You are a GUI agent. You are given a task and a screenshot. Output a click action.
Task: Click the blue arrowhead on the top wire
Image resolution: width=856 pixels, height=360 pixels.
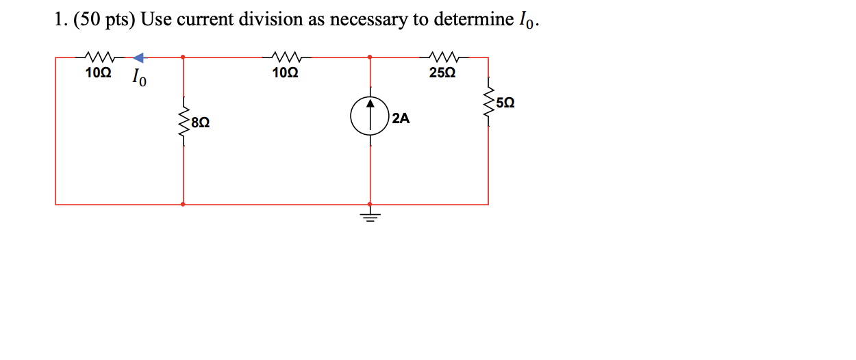coord(138,57)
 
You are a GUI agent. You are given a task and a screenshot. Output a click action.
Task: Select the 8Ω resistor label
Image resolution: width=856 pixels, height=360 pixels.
coord(201,123)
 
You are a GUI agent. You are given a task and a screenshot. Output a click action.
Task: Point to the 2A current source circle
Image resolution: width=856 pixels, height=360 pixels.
coord(370,116)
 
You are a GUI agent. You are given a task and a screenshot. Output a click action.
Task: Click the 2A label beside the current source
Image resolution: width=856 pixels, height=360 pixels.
coord(401,119)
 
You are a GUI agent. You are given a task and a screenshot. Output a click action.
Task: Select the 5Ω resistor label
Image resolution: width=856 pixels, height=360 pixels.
coord(505,103)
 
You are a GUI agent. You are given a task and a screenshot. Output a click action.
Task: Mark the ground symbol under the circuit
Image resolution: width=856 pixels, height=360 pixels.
coord(370,217)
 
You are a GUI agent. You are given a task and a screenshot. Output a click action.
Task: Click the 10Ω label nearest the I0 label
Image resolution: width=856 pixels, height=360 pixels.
coord(98,73)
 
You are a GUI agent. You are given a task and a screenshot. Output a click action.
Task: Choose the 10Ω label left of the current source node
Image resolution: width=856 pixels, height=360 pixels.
coord(284,73)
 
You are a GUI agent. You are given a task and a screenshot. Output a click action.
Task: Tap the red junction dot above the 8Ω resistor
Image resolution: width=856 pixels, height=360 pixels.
coord(183,57)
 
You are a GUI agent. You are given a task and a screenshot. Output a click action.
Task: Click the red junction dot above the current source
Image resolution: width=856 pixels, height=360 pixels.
coord(370,57)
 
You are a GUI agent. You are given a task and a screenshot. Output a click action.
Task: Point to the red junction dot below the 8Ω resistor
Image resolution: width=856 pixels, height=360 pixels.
coord(183,204)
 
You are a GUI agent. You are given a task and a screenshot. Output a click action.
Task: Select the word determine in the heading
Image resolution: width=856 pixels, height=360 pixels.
coord(468,21)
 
